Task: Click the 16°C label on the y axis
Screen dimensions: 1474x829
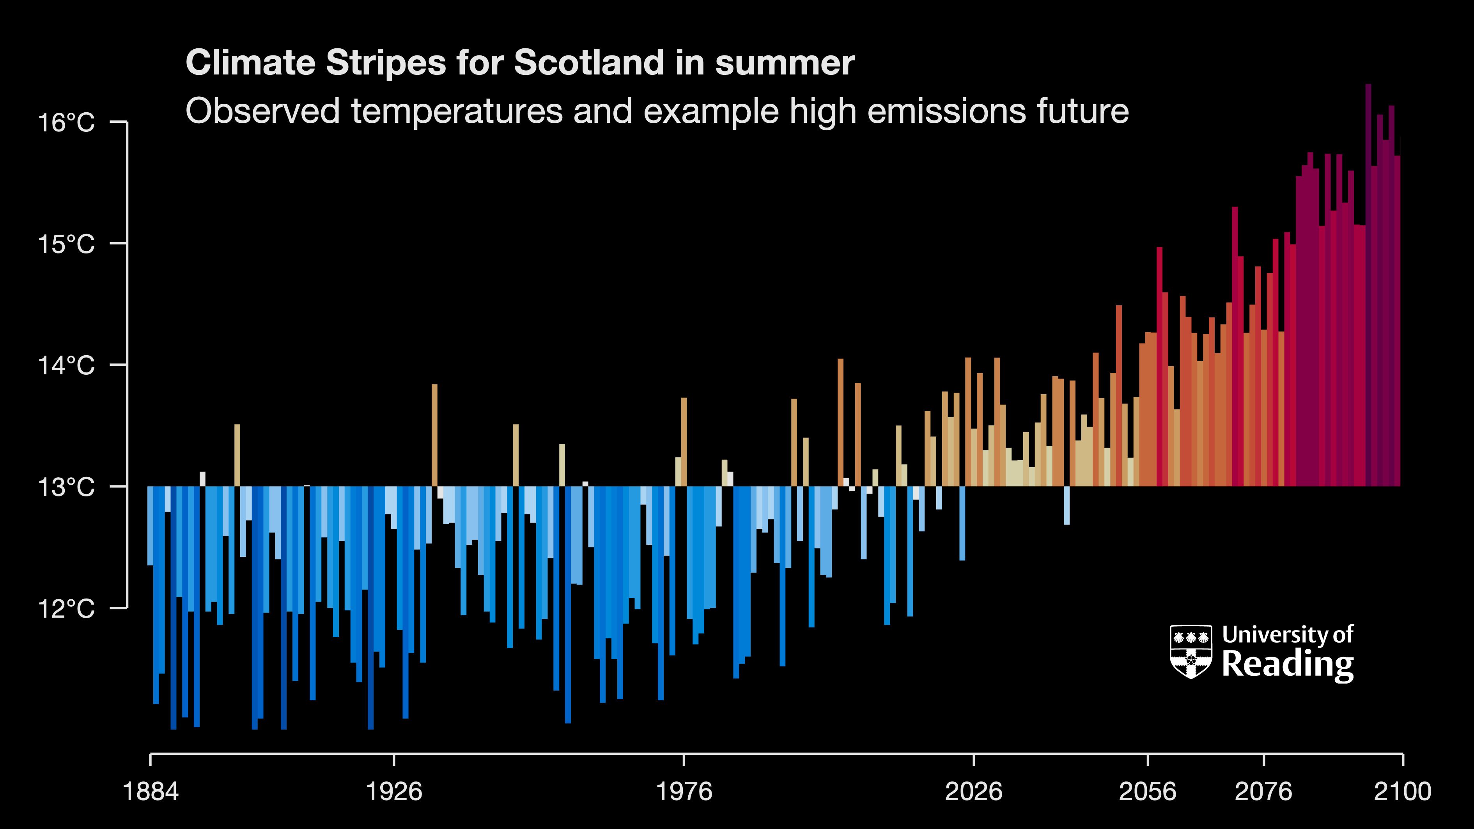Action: click(66, 122)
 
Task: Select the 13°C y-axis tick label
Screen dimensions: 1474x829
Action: click(66, 487)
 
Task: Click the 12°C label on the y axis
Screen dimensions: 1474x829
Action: click(66, 609)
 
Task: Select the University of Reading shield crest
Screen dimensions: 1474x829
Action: click(1191, 652)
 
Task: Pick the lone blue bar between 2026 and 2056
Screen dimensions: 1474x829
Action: click(1067, 505)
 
